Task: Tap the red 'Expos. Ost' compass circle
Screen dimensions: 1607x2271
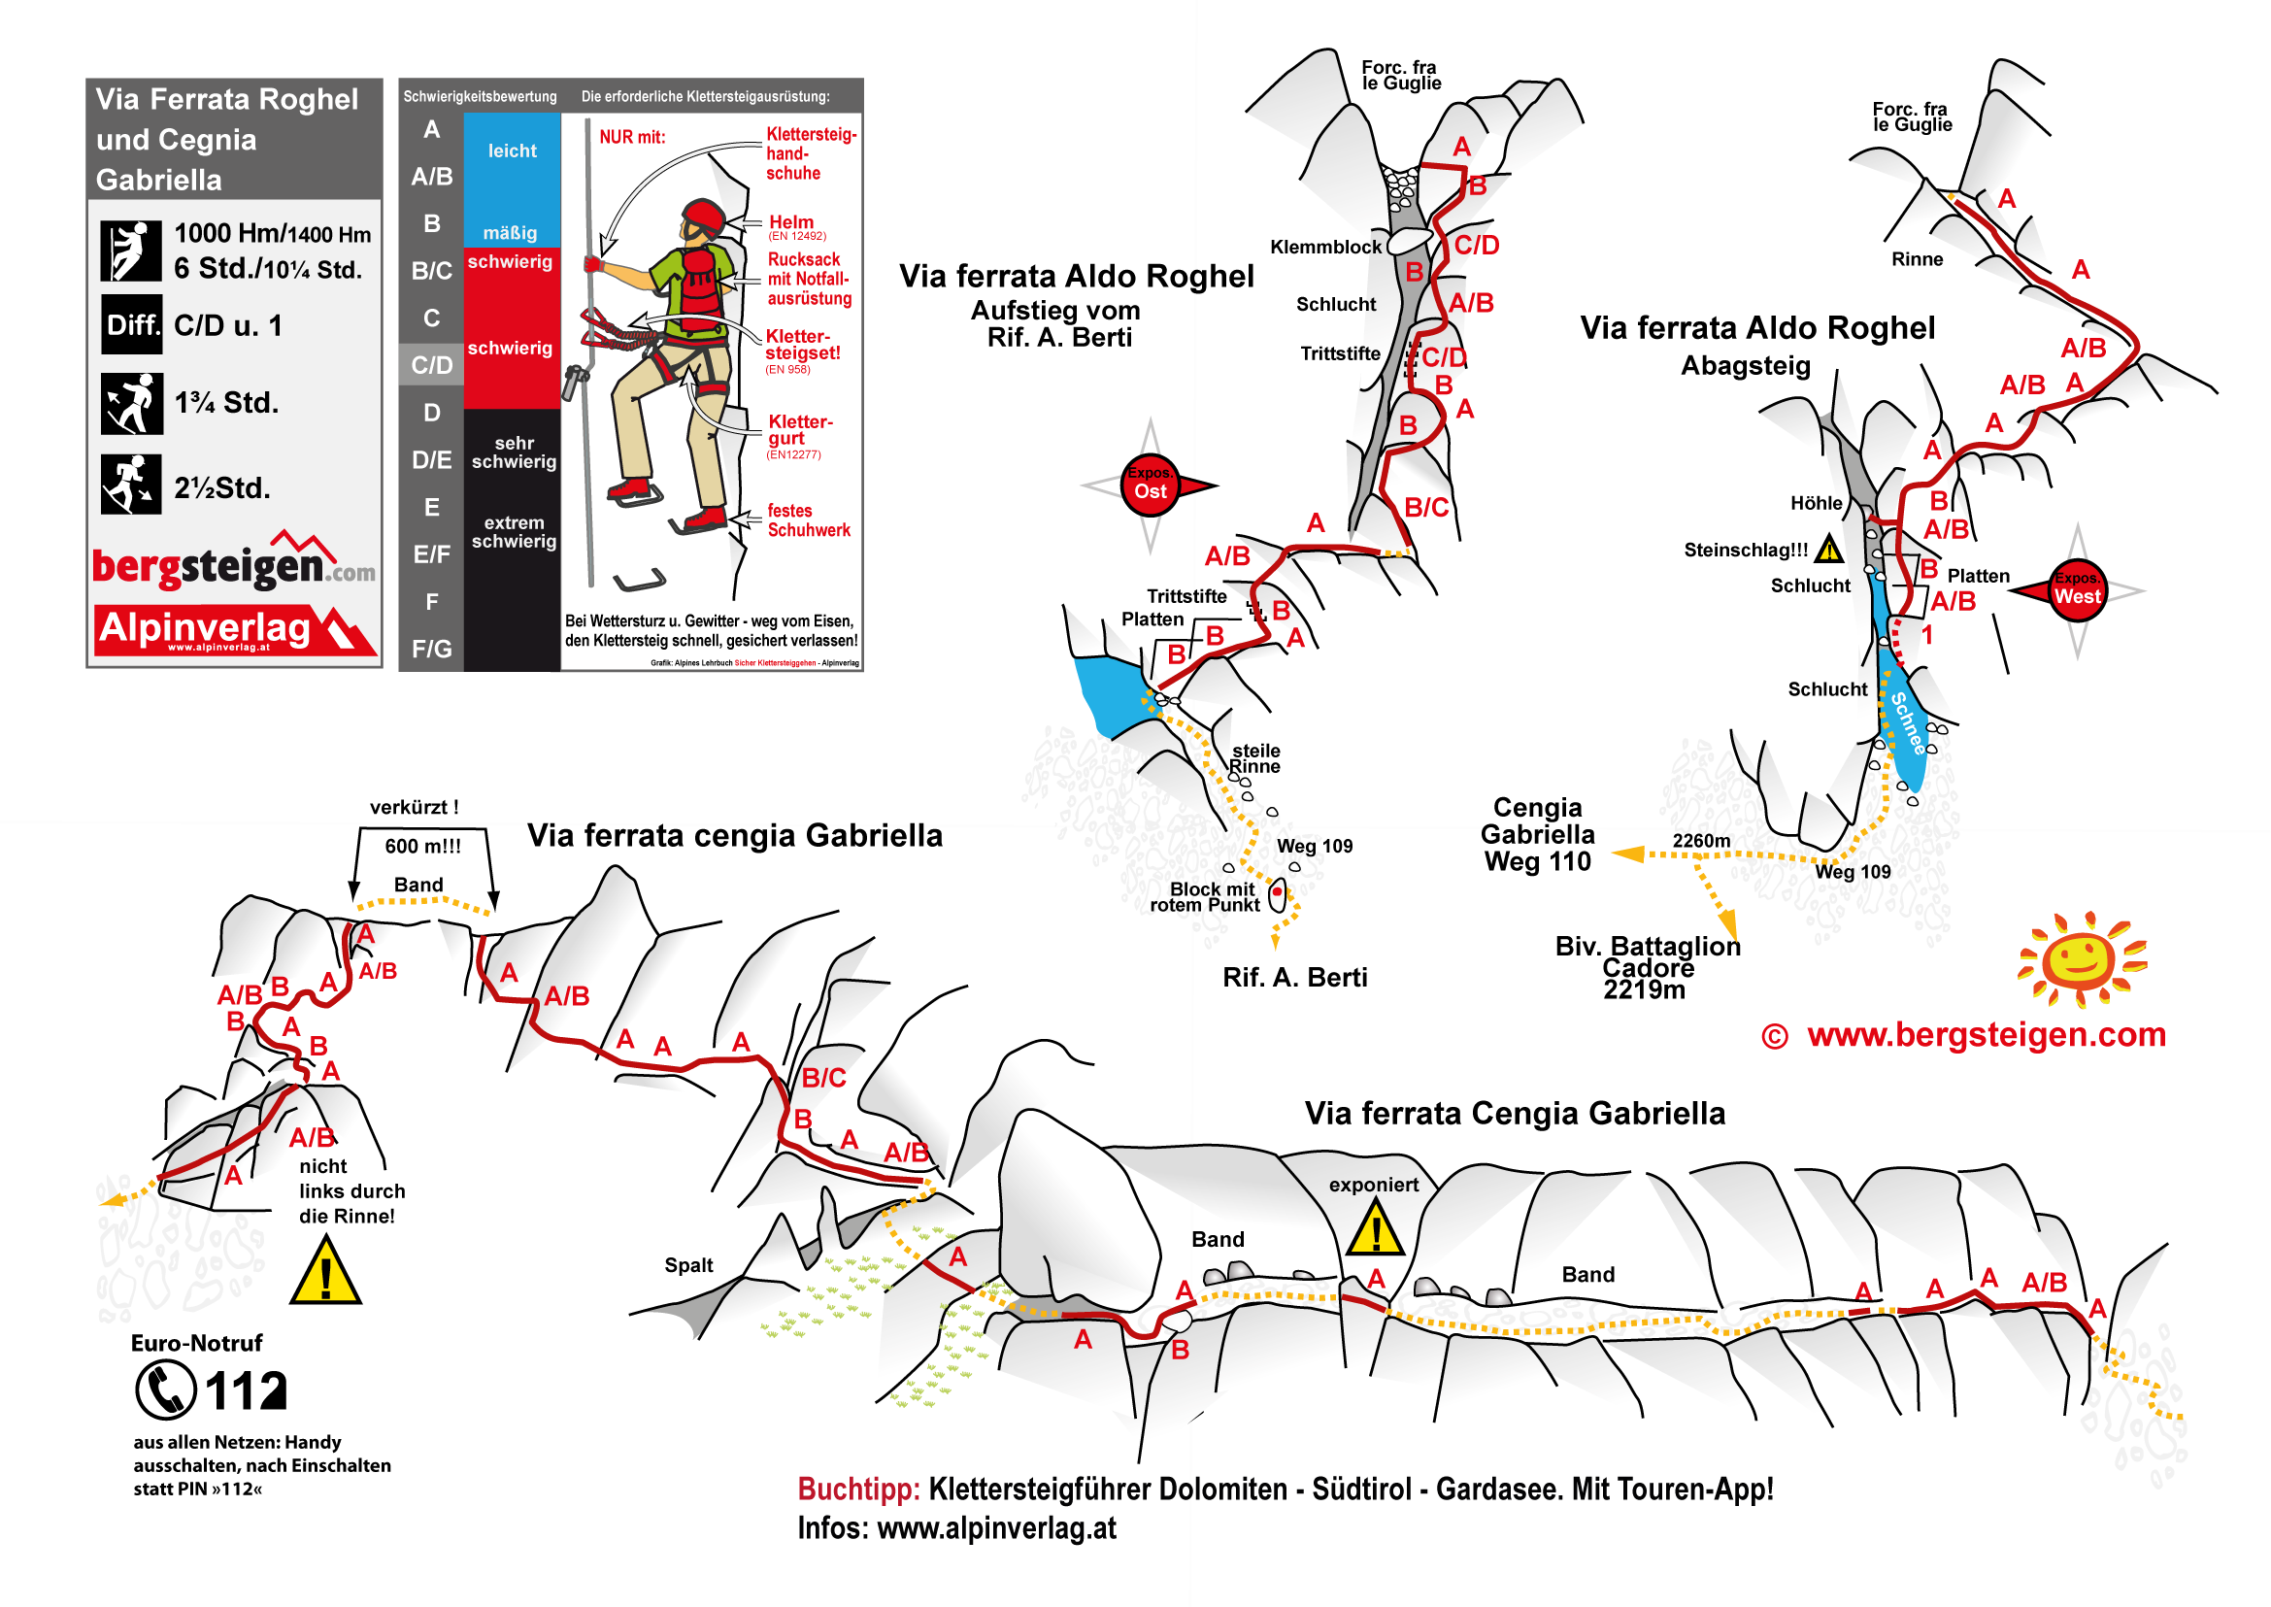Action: [1150, 485]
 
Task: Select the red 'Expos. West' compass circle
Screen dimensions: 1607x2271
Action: [2077, 590]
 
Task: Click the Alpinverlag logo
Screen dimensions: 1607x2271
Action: [236, 629]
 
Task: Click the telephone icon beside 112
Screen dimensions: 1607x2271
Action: [165, 1389]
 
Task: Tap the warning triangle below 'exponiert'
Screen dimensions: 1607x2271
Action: [1375, 1230]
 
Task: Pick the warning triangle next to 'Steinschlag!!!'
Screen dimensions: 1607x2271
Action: [1828, 550]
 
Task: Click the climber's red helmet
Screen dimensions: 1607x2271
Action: [704, 215]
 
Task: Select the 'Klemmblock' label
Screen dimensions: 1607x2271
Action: [1325, 247]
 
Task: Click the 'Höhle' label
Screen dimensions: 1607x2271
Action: [1816, 503]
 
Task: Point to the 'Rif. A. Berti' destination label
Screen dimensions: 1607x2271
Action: [1294, 978]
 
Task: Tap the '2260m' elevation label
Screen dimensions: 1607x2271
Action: [1701, 841]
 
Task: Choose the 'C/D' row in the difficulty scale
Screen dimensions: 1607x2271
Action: [431, 365]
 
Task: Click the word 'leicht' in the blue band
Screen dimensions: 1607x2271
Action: [512, 151]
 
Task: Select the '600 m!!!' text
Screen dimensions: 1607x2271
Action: [422, 846]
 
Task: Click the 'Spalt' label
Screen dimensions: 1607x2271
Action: [687, 1264]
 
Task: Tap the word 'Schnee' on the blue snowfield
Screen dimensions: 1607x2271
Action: [1909, 722]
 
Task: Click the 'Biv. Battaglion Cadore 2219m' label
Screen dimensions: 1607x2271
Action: [1647, 967]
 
